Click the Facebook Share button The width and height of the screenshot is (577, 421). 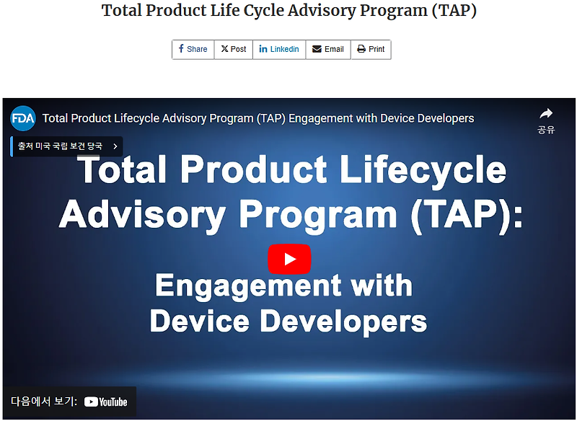(x=193, y=49)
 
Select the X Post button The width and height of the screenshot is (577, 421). (x=234, y=49)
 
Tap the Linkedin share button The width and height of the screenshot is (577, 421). (x=279, y=49)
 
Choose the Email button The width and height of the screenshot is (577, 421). (x=328, y=49)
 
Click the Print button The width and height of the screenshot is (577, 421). (x=371, y=49)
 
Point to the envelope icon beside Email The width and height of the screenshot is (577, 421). (x=317, y=49)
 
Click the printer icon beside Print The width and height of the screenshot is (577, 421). (x=361, y=49)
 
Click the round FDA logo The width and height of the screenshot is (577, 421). (x=22, y=118)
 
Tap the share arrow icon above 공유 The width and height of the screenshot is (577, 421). (x=546, y=114)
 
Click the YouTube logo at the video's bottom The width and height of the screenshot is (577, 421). (x=105, y=402)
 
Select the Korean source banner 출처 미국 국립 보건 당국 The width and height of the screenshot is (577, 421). (x=61, y=146)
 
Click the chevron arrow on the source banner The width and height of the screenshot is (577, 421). (x=115, y=146)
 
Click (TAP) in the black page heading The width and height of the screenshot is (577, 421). (x=453, y=11)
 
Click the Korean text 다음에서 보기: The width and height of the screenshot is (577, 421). (x=43, y=402)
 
